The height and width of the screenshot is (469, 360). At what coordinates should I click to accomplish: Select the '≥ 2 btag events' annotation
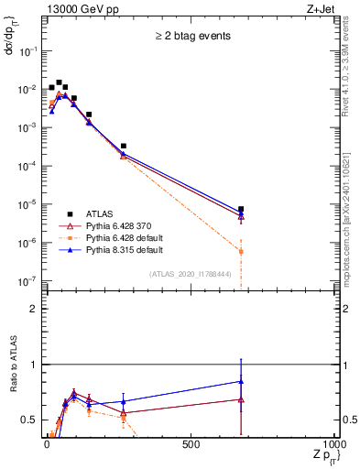pyautogui.click(x=192, y=36)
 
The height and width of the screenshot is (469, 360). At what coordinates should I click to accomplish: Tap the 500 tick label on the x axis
pyautogui.click(x=191, y=444)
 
